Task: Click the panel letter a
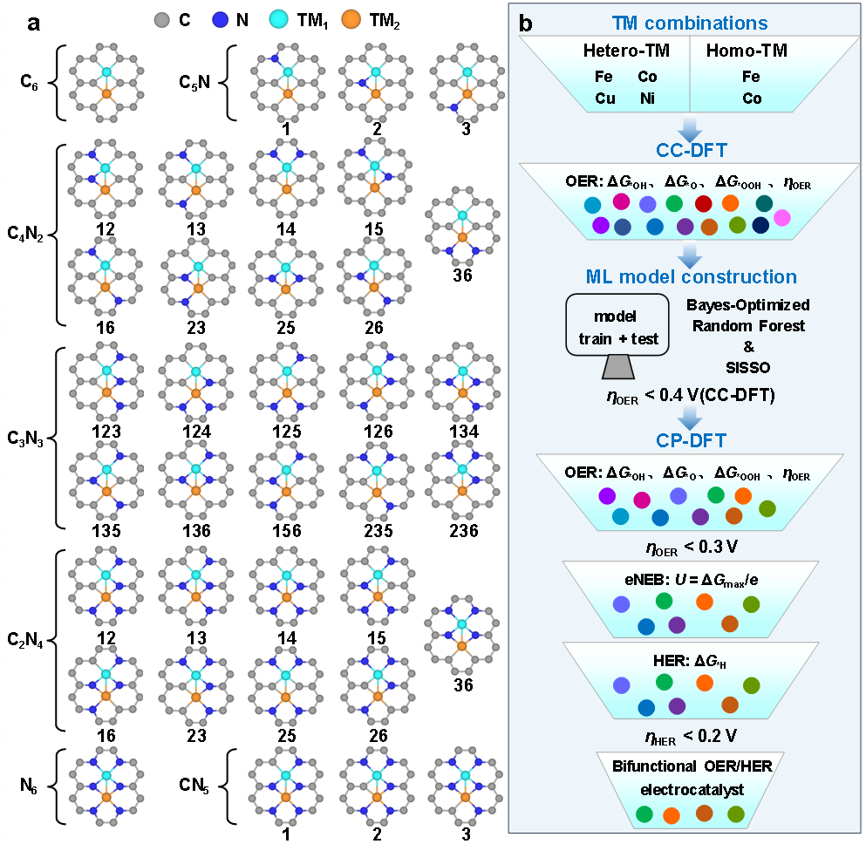pyautogui.click(x=34, y=24)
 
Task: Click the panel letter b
pyautogui.click(x=526, y=24)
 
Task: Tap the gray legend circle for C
pyautogui.click(x=162, y=20)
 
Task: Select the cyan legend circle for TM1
pyautogui.click(x=279, y=20)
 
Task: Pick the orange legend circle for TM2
pyautogui.click(x=351, y=20)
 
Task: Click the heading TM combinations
pyautogui.click(x=690, y=23)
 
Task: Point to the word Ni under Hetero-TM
pyautogui.click(x=647, y=99)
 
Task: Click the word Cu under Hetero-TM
pyautogui.click(x=604, y=99)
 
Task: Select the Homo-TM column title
pyautogui.click(x=747, y=51)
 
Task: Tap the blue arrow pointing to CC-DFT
pyautogui.click(x=690, y=129)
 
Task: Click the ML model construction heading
pyautogui.click(x=691, y=276)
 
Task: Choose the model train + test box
pyautogui.click(x=617, y=324)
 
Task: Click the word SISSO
pyautogui.click(x=747, y=368)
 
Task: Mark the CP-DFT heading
pyautogui.click(x=691, y=440)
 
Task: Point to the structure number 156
pyautogui.click(x=287, y=530)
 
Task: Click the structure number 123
pyautogui.click(x=106, y=431)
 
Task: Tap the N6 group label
pyautogui.click(x=28, y=785)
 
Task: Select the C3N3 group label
pyautogui.click(x=24, y=439)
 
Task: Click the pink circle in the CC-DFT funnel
pyautogui.click(x=782, y=217)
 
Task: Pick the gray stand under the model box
pyautogui.click(x=618, y=366)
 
